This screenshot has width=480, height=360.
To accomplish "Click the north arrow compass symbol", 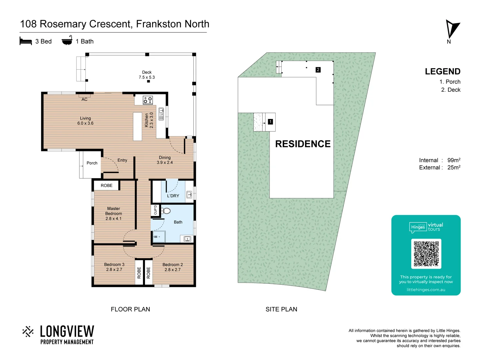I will [x=452, y=29].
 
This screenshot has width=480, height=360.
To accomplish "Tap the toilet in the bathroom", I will [x=166, y=211].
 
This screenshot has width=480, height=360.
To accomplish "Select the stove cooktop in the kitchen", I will [x=148, y=100].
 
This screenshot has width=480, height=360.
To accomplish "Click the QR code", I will [x=426, y=254].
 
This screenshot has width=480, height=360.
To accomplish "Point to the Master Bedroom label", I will [x=114, y=213].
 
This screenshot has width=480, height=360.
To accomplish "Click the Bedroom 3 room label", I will [x=114, y=265].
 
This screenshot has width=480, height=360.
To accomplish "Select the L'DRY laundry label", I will [x=173, y=196].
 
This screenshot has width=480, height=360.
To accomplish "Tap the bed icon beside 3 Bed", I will [x=26, y=41].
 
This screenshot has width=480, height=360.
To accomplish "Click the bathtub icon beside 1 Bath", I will [x=67, y=41].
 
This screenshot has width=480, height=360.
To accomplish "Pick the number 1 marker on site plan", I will [x=270, y=122].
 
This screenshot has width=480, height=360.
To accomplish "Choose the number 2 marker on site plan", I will [x=318, y=70].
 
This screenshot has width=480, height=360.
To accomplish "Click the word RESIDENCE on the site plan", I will [x=303, y=144].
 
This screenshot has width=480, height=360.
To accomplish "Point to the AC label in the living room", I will [x=84, y=99].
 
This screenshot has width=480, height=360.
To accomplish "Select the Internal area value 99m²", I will [x=454, y=160].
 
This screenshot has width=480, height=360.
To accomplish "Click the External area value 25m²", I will [x=454, y=168].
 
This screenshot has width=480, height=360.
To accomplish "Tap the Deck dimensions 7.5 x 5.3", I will [x=147, y=77].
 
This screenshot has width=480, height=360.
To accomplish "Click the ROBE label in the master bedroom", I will [x=107, y=186].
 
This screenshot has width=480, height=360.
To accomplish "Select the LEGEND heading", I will [x=442, y=71].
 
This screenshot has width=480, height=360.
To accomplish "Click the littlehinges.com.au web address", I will [x=426, y=290].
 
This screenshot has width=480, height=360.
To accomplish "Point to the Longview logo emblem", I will [x=28, y=332].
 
